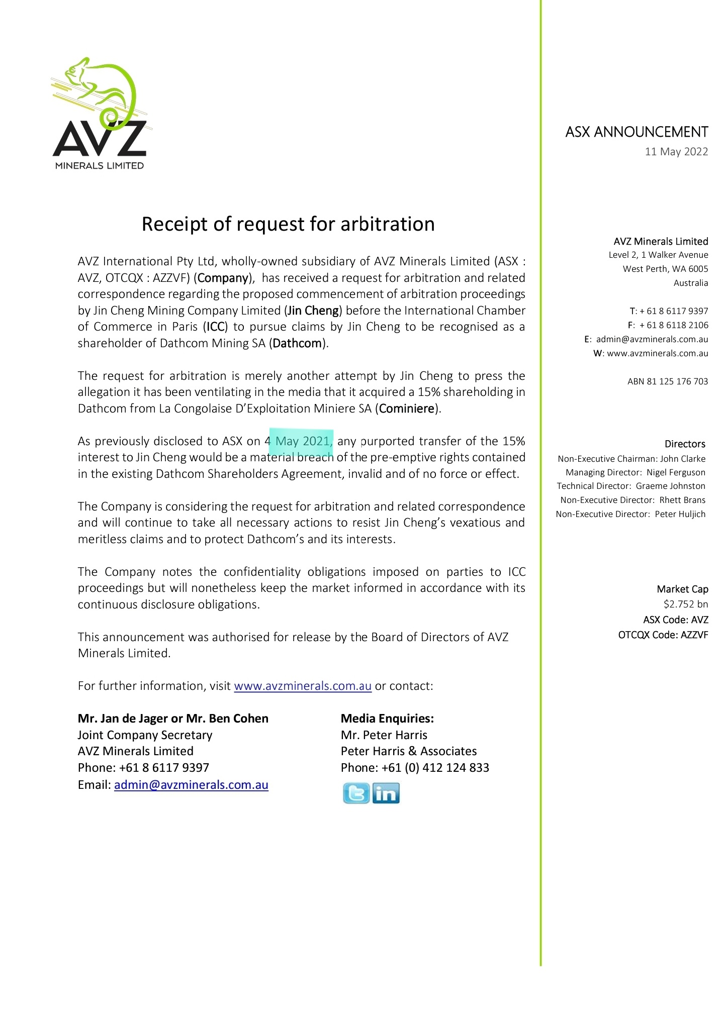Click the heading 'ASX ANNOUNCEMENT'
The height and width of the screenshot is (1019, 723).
tap(636, 132)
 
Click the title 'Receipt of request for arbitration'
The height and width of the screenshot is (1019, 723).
tap(288, 224)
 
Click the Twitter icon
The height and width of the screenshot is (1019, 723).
tap(356, 793)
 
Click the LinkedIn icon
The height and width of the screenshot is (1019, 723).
tap(386, 793)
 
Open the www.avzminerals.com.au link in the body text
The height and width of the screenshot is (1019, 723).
tap(303, 686)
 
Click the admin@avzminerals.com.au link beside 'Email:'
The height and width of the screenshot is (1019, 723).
tap(191, 785)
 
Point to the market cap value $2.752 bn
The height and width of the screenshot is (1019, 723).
tap(685, 604)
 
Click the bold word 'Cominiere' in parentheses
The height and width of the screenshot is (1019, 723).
tap(406, 409)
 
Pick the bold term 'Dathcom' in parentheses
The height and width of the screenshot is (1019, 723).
tap(297, 343)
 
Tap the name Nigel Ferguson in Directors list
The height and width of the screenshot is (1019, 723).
tap(675, 472)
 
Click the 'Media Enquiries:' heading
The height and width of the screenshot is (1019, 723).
tap(387, 719)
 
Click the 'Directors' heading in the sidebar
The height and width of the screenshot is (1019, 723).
tap(684, 444)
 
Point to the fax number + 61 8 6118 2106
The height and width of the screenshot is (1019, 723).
tap(673, 325)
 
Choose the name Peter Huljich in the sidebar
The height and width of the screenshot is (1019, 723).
tap(680, 514)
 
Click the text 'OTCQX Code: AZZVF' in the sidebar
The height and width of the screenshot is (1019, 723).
tap(663, 635)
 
